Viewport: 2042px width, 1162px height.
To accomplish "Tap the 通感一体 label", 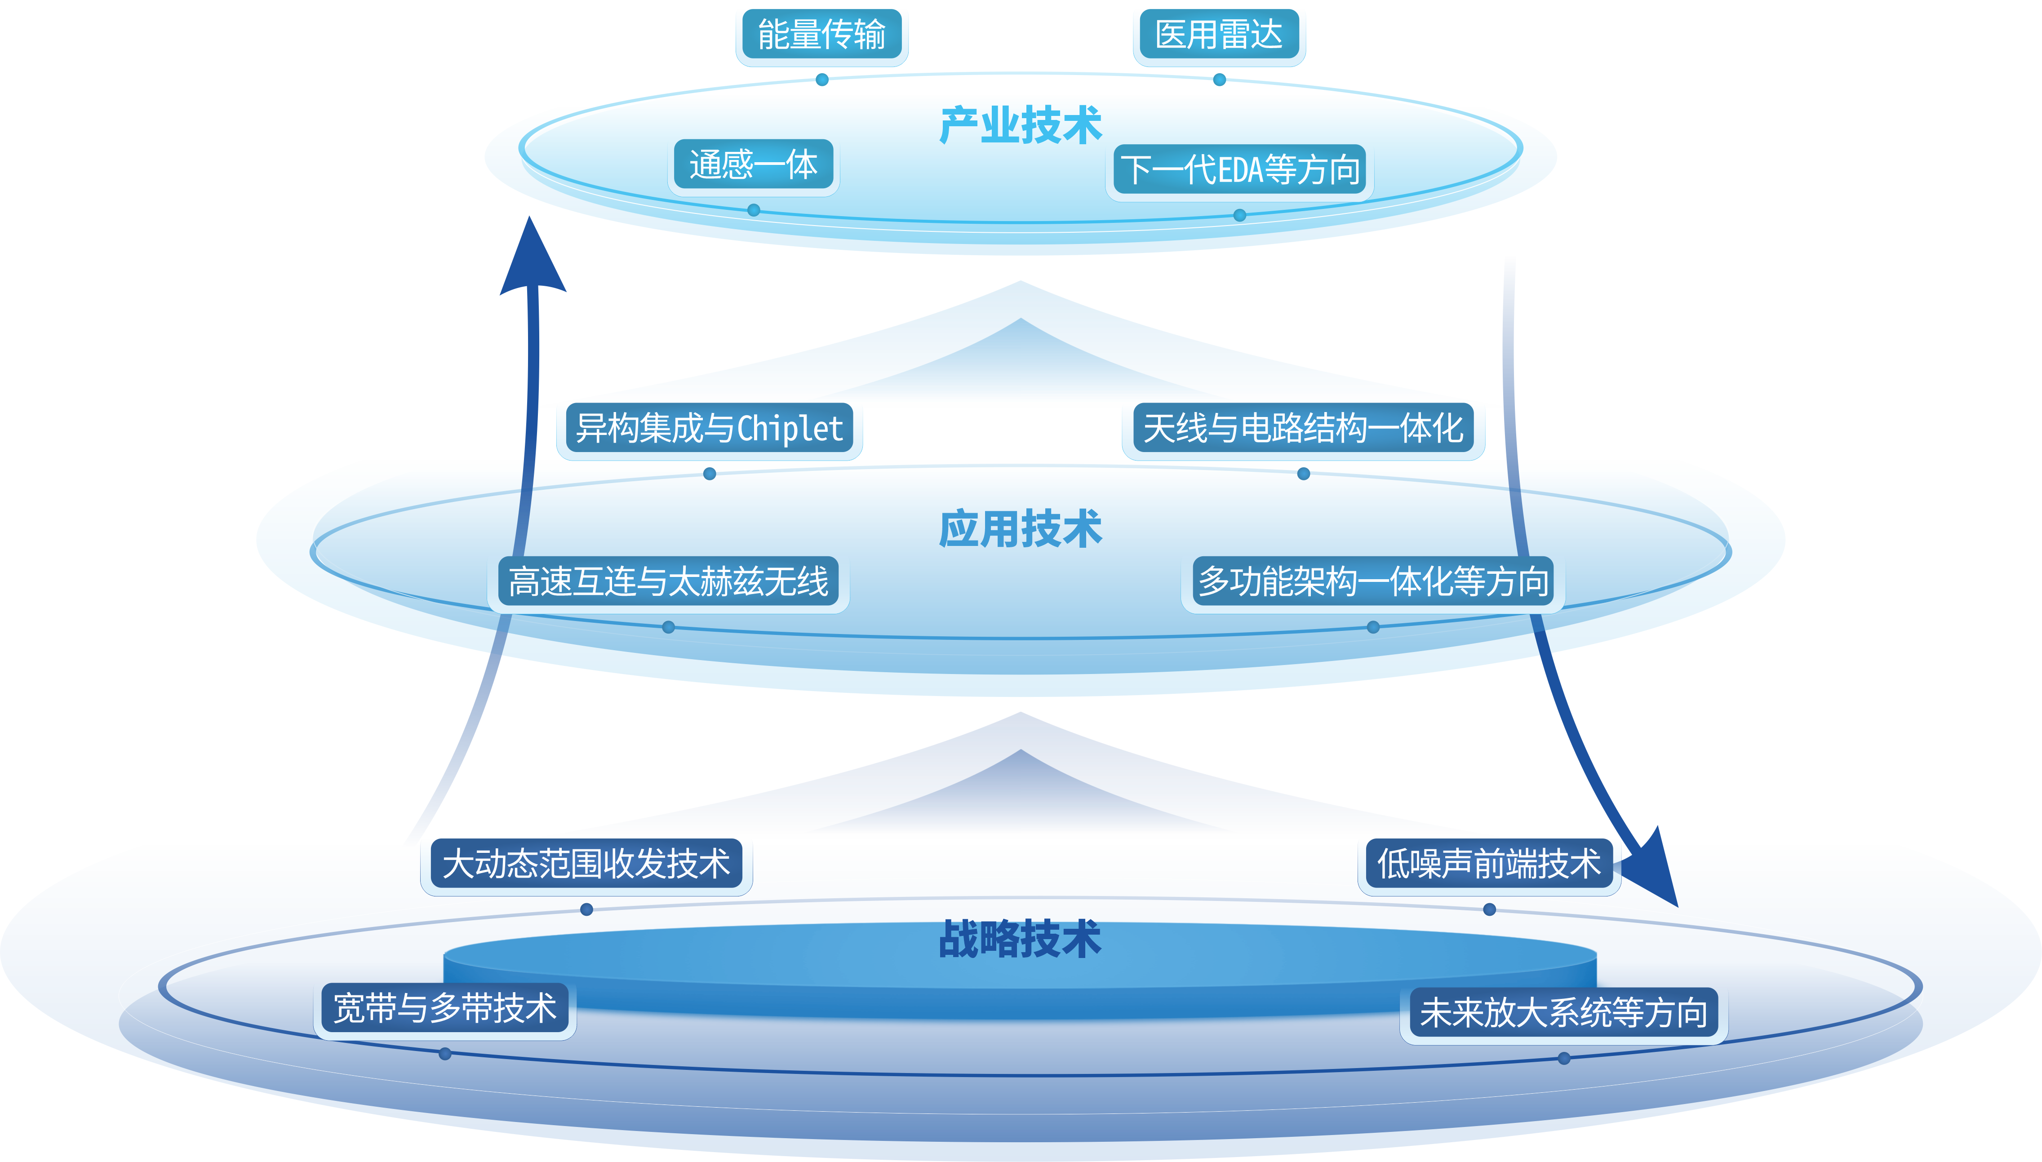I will coord(753,166).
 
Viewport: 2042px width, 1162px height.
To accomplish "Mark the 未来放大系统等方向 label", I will coord(1563,1014).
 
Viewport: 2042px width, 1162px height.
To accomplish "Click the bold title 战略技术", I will coord(1020,939).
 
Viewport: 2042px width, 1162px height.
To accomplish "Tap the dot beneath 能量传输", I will coord(822,80).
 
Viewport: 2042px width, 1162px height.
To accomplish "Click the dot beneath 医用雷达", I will coord(1219,80).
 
